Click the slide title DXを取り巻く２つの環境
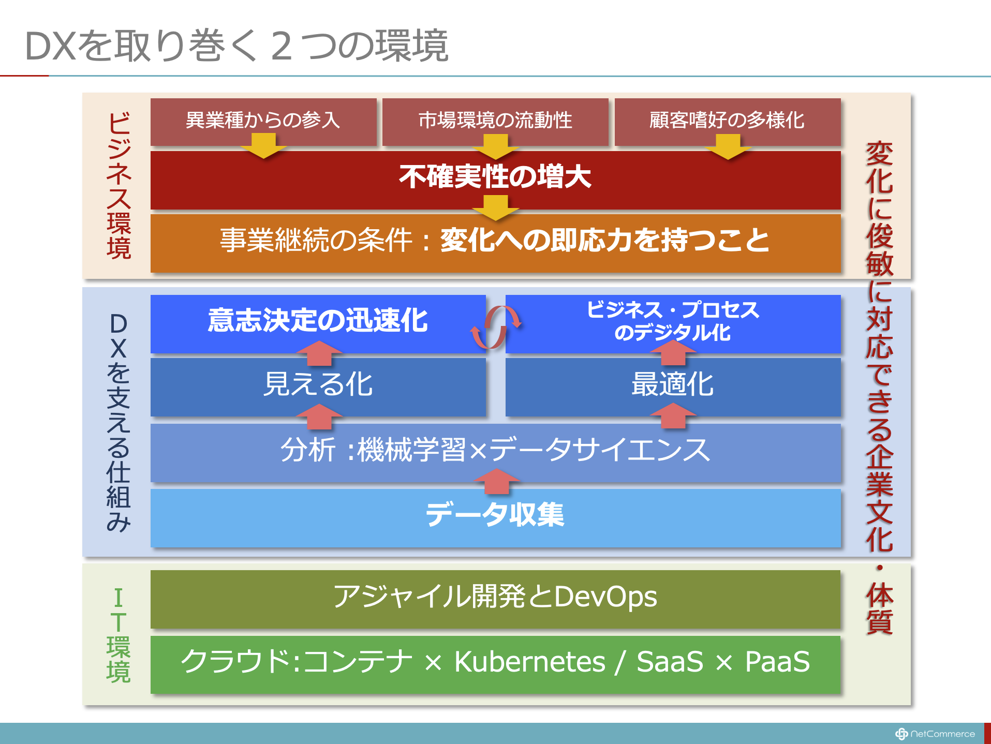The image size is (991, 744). click(236, 46)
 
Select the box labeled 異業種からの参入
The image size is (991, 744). click(263, 122)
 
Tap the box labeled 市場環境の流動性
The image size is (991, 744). click(495, 122)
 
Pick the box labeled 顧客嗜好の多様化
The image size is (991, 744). click(728, 122)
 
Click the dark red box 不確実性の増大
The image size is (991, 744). click(495, 180)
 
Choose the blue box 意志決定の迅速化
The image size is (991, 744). click(318, 324)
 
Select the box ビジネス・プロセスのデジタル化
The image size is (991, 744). click(673, 324)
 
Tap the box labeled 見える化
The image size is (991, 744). click(318, 387)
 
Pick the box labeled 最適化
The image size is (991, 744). click(673, 387)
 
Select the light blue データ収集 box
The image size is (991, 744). click(495, 518)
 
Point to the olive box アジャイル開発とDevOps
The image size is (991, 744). click(495, 599)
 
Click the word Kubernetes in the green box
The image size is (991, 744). click(529, 661)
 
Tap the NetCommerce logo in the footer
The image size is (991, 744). click(935, 734)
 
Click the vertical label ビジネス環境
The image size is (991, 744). click(119, 185)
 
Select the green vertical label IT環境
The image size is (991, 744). click(119, 635)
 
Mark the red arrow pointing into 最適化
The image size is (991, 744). click(673, 415)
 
